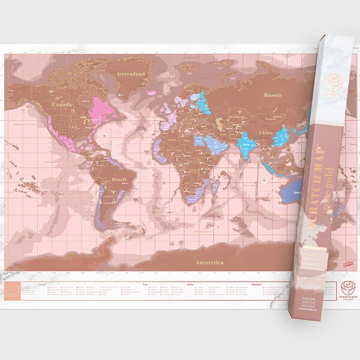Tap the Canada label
coord(62,105)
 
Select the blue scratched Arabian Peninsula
coord(214,143)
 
